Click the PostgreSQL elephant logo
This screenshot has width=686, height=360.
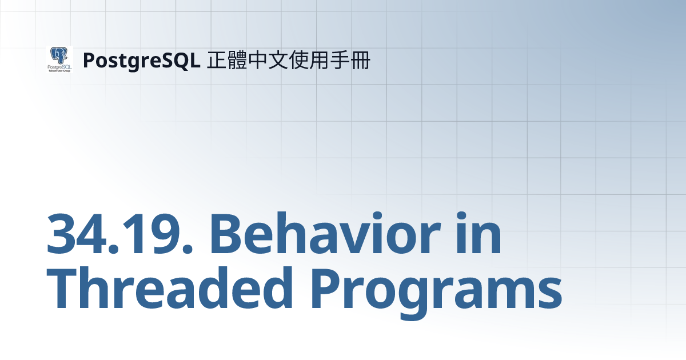pyautogui.click(x=59, y=59)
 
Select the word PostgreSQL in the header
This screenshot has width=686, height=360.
pyautogui.click(x=141, y=60)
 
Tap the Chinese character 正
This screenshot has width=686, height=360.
pyautogui.click(x=217, y=60)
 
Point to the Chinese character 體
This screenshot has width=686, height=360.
pyautogui.click(x=238, y=60)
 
